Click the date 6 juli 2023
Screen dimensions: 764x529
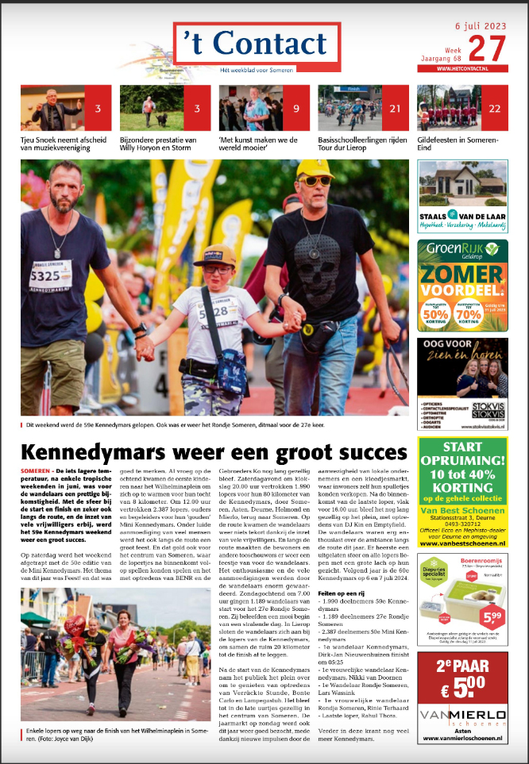(x=481, y=26)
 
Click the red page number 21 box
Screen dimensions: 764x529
(x=396, y=108)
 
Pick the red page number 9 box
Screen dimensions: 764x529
(x=296, y=108)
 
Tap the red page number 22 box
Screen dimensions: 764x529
(x=495, y=108)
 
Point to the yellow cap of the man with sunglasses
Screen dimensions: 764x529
(x=315, y=168)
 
